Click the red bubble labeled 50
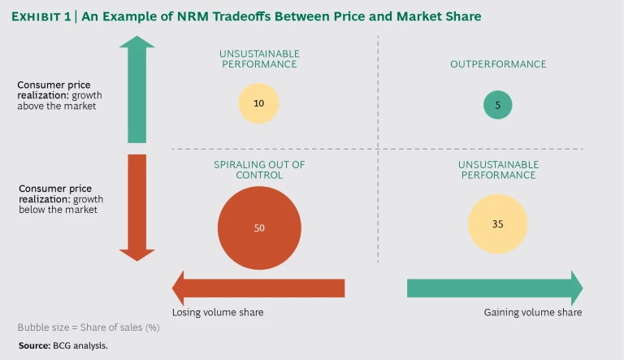coord(259,228)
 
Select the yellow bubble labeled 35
coord(498,223)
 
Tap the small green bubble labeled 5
coord(498,104)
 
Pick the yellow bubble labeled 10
coord(258,104)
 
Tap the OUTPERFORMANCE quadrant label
coord(498,64)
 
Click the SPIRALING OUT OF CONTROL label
coord(259,169)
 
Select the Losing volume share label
coord(218,312)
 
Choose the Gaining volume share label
coord(533,312)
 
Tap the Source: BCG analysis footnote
coord(63,345)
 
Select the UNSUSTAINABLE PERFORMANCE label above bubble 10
coord(259,59)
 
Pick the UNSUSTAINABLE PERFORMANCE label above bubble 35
coord(498,169)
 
